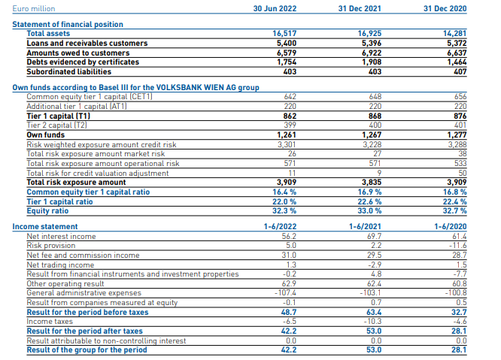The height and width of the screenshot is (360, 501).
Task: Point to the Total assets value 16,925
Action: (372, 34)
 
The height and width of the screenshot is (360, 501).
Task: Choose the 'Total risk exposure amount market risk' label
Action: (96, 153)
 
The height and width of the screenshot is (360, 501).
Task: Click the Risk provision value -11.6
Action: (460, 245)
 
